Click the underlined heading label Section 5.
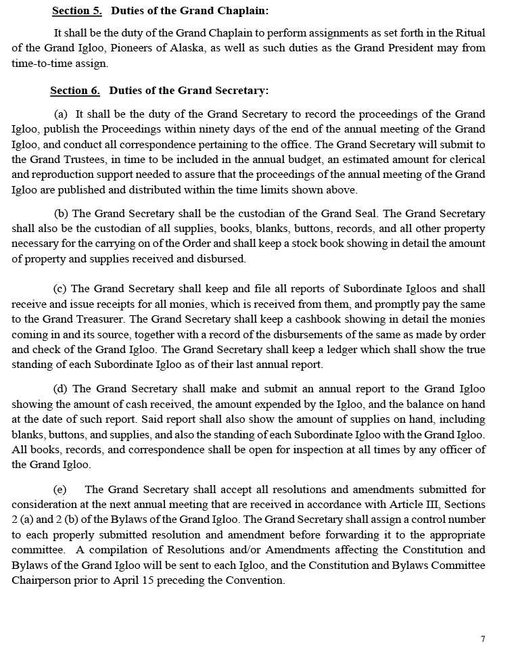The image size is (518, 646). point(76,11)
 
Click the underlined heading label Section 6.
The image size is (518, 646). point(75,91)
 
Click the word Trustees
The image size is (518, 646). point(90,160)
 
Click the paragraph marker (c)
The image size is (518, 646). point(60,289)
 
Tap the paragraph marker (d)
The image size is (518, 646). point(60,389)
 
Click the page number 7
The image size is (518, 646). point(483,639)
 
